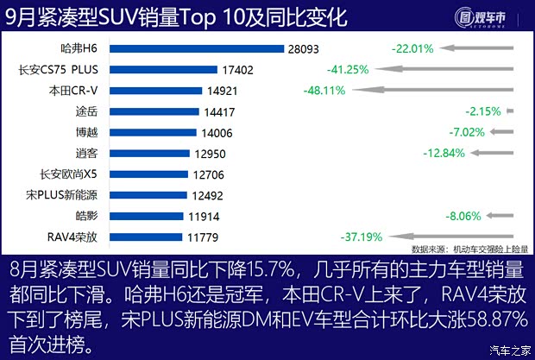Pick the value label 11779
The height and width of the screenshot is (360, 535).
pos(201,237)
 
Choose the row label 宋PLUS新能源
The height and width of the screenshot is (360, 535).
pos(65,194)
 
